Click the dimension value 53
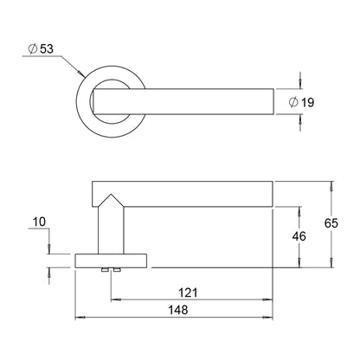(47, 48)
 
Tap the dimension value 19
(307, 102)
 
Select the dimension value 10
(39, 222)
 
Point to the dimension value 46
(299, 236)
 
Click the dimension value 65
(331, 223)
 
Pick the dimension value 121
(188, 292)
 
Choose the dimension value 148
(178, 311)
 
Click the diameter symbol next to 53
(33, 48)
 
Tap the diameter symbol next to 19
(293, 102)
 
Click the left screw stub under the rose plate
(104, 270)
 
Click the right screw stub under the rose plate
(117, 270)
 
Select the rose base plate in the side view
(111, 261)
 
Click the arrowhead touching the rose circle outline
(81, 73)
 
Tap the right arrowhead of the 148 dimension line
(267, 318)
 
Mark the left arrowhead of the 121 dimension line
(116, 300)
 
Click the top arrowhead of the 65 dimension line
(331, 186)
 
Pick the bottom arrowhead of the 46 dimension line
(299, 263)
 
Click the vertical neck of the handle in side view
(111, 230)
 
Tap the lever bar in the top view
(183, 101)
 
